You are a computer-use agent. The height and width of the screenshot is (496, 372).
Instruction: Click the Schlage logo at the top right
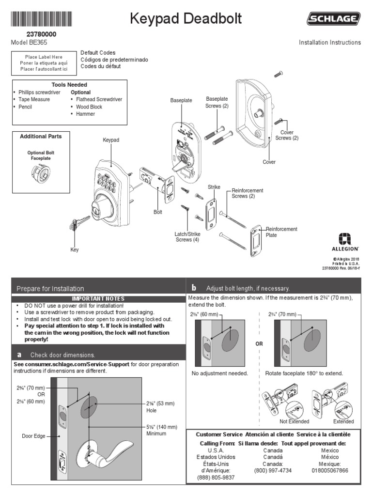click(333, 19)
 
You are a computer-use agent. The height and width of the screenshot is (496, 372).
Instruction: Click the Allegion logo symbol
click(345, 238)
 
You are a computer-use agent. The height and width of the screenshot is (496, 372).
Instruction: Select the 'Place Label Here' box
click(44, 63)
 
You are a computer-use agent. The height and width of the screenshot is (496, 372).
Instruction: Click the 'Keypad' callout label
click(111, 140)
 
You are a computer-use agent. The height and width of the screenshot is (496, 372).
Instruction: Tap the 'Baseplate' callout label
click(181, 100)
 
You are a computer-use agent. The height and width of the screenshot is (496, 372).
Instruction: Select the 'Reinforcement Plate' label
click(281, 232)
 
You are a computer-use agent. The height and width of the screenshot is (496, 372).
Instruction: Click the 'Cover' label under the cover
click(269, 162)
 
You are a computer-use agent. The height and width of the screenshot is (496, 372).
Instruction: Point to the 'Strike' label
click(214, 186)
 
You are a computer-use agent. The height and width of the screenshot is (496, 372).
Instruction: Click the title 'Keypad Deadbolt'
click(186, 19)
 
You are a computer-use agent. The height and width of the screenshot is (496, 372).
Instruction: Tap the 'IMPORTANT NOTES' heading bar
click(98, 299)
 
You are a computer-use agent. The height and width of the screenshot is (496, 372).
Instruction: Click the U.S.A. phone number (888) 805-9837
click(216, 477)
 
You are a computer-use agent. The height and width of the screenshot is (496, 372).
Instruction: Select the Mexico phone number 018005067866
click(330, 470)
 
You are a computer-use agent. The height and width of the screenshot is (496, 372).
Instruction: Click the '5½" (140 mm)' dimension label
click(162, 427)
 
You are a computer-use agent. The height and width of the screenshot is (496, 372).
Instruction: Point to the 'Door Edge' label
click(33, 436)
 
